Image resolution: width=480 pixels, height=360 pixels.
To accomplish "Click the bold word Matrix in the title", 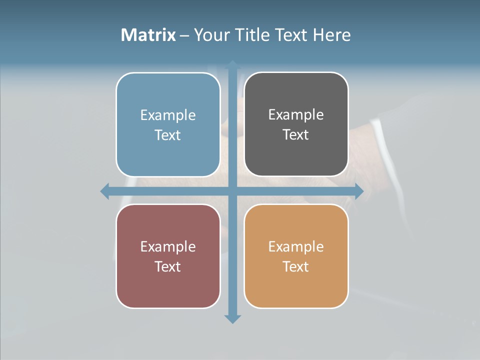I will tap(148, 35).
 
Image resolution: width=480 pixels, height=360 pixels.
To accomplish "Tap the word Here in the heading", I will tap(331, 35).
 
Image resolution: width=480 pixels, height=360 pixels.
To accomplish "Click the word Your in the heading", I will tap(210, 35).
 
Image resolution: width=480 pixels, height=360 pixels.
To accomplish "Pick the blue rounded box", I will tap(168, 155).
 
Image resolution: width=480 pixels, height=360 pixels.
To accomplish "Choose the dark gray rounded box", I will tap(296, 155).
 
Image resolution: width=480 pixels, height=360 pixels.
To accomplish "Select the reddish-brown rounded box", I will tap(168, 287).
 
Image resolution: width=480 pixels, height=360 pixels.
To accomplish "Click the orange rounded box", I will tap(296, 287).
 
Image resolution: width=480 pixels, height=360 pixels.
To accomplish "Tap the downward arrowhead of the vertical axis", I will tap(232, 318).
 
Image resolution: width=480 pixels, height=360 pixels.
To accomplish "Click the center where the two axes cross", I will tap(232, 191).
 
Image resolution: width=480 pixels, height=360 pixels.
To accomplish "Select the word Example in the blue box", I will tap(168, 115).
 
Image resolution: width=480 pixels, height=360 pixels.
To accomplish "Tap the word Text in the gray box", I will tap(295, 135).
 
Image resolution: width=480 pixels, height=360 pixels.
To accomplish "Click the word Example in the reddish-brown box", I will tap(168, 247).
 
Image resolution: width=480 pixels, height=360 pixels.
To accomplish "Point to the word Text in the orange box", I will tap(295, 267).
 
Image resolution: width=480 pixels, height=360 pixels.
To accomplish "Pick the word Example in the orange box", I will tap(296, 247).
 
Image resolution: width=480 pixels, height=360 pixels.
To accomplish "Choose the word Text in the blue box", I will tap(167, 135).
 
